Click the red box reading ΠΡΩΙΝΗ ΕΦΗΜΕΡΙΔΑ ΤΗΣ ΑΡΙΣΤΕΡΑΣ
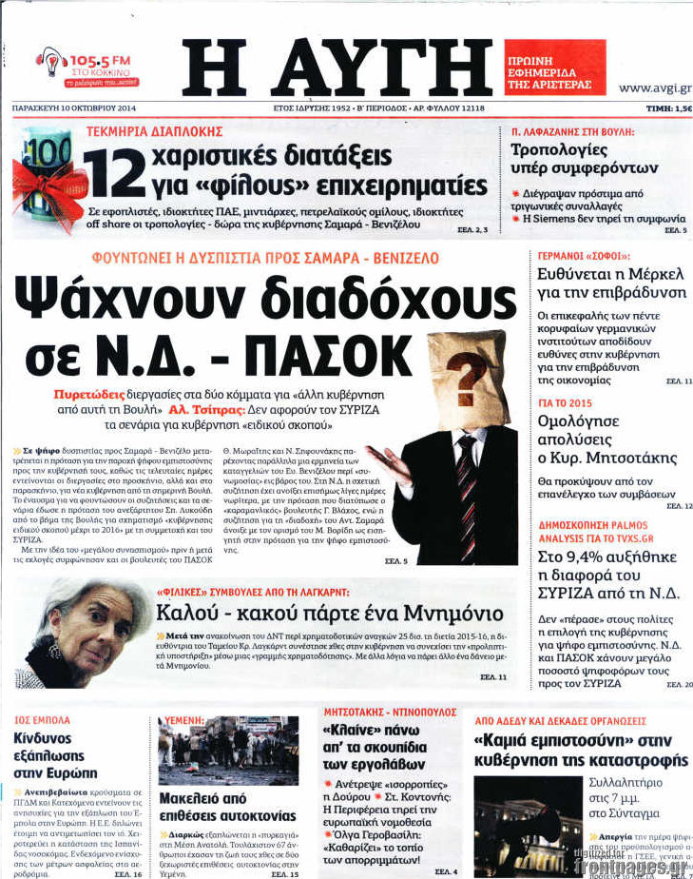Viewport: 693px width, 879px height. tap(554, 68)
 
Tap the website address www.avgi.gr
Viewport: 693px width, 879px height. tap(654, 88)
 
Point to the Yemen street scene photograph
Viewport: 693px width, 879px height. tap(227, 751)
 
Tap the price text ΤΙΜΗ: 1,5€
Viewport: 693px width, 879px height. tap(668, 109)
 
